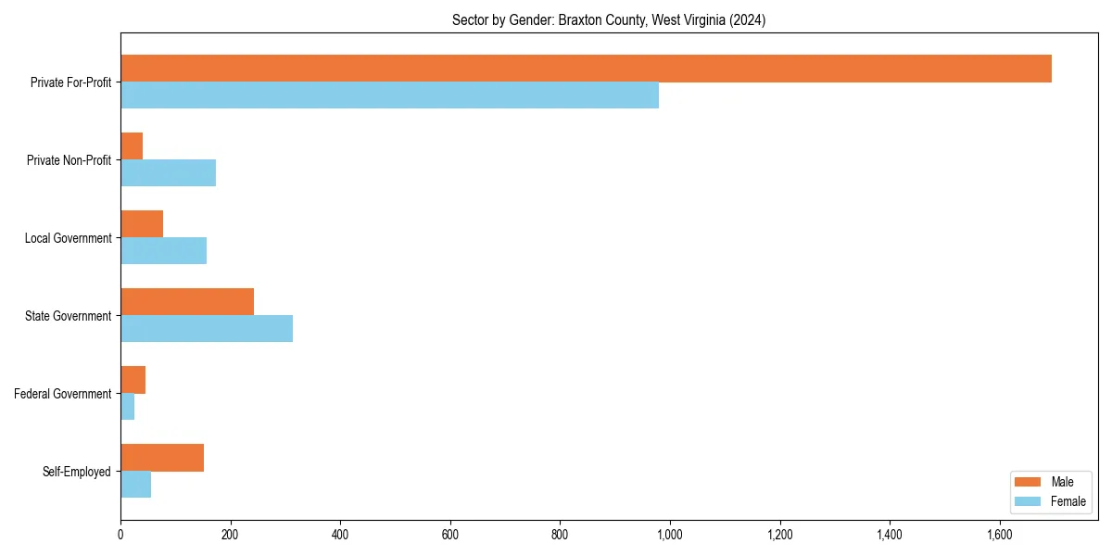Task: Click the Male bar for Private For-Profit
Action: tap(586, 69)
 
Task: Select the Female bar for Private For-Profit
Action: tap(389, 95)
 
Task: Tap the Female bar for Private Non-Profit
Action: tap(168, 173)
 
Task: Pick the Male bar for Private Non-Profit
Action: tap(132, 146)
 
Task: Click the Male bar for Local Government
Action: tap(142, 224)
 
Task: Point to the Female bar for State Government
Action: tap(207, 329)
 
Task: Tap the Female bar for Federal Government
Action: tap(127, 407)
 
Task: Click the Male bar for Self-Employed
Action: tap(162, 458)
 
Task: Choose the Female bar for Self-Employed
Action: tap(135, 485)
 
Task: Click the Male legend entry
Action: tap(1051, 482)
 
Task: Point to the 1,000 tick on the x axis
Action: tap(670, 535)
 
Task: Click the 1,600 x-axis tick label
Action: tap(999, 535)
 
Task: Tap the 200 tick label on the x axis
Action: tap(230, 535)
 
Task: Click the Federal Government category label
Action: tap(63, 394)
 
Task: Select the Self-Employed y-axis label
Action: tap(77, 472)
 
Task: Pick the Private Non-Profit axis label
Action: tap(69, 160)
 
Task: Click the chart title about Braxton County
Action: tap(609, 19)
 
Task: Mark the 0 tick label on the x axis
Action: tap(120, 535)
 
